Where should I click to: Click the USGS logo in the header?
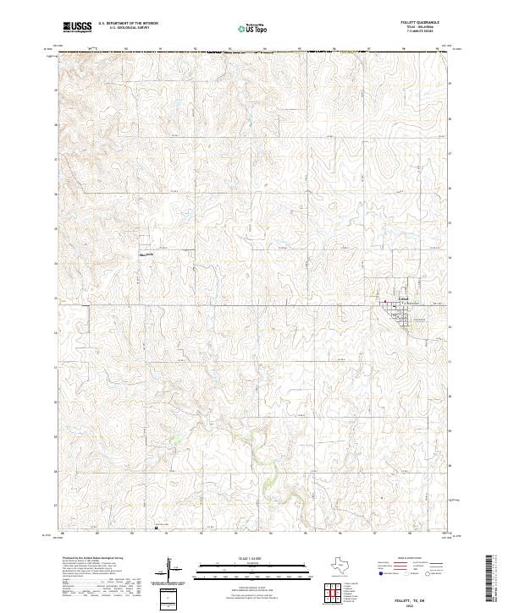(x=77, y=27)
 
